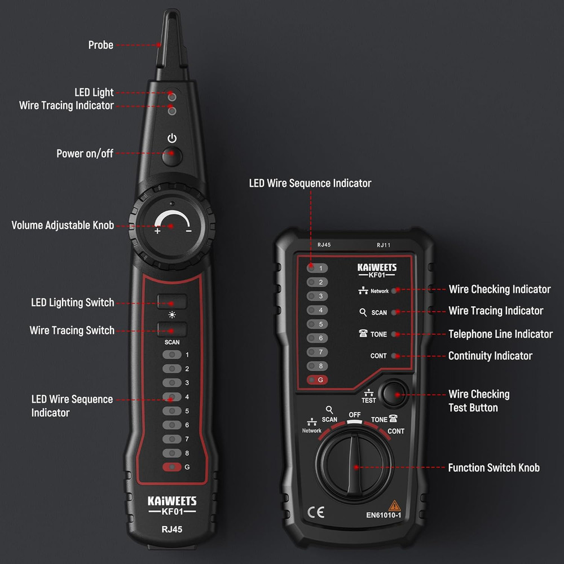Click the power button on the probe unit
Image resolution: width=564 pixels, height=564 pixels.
coord(172,156)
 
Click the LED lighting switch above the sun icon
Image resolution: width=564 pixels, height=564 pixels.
coord(172,301)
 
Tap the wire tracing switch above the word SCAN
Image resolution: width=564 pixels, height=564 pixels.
coord(172,329)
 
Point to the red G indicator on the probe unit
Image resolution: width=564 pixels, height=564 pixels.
coord(172,467)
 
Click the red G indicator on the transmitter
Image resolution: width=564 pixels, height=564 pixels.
coord(317,380)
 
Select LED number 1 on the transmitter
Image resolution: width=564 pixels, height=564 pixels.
coord(317,268)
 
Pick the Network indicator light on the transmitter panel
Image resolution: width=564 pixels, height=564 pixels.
coord(394,290)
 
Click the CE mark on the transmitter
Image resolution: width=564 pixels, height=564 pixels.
coord(316,512)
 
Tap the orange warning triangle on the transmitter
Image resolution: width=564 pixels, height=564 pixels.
coord(395,505)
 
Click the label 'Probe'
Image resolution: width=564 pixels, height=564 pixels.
coord(101,45)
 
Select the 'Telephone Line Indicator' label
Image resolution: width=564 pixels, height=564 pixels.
coord(500,334)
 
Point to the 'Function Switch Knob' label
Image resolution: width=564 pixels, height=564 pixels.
coord(494,468)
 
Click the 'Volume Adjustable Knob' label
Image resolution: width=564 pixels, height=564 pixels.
coord(63,225)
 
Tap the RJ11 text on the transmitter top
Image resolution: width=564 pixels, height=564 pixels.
coord(384,245)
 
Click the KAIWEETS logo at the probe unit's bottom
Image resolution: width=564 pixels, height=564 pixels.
coord(172,501)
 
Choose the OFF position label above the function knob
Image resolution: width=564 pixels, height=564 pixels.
coord(355,415)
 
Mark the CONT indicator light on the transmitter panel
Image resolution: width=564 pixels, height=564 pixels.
coord(394,356)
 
